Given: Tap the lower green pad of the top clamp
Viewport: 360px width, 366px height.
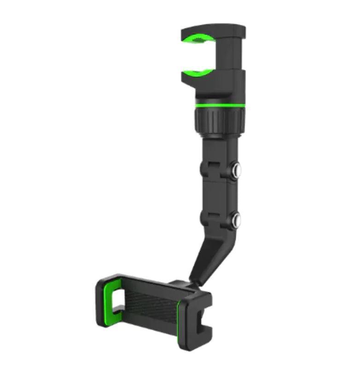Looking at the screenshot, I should click(198, 72).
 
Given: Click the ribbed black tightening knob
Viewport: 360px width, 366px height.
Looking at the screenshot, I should click(219, 120).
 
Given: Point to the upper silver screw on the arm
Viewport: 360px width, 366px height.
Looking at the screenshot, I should click(237, 171).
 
